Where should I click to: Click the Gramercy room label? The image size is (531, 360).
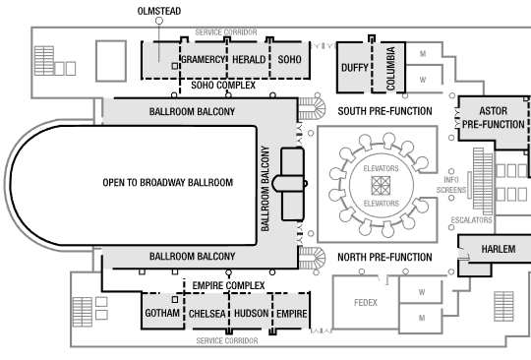tap(204, 60)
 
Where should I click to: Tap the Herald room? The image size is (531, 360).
tap(249, 60)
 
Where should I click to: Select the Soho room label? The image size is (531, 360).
tap(289, 60)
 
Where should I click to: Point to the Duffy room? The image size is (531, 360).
tap(355, 68)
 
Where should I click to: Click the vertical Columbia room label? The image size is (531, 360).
tap(390, 69)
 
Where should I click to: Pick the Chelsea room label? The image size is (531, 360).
tap(206, 314)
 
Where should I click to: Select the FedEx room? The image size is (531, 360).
tap(366, 302)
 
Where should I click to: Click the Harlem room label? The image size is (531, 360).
tap(499, 249)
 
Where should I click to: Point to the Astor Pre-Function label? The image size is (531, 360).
tap(494, 117)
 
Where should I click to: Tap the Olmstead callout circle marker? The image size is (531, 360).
tap(159, 21)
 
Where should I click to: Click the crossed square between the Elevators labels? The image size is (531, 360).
tap(381, 186)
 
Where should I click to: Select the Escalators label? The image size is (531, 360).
tap(471, 220)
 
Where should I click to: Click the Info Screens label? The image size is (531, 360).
tap(451, 185)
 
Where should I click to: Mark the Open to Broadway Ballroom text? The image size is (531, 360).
tap(168, 183)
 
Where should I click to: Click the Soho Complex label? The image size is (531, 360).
tap(223, 85)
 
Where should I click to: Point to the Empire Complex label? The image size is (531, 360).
tap(228, 285)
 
